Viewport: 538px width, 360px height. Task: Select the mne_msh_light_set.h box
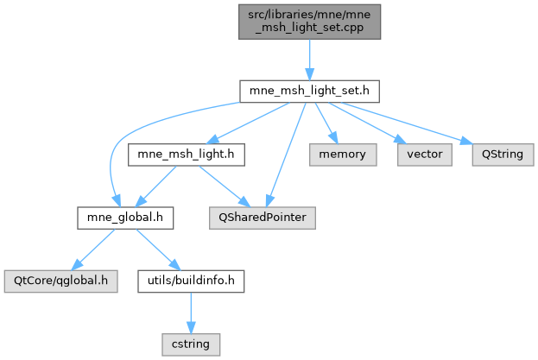pos(309,90)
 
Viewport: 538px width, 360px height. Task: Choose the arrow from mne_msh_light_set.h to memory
pos(326,121)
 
